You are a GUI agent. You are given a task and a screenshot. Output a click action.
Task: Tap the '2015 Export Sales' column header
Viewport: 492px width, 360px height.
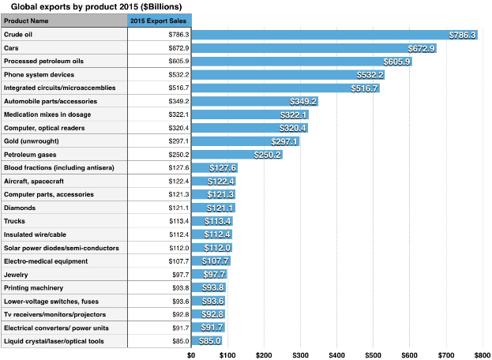tap(159, 21)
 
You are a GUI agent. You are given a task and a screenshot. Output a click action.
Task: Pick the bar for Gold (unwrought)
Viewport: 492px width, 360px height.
tap(229, 141)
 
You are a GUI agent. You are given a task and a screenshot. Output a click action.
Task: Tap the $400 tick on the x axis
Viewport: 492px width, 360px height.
tap(337, 354)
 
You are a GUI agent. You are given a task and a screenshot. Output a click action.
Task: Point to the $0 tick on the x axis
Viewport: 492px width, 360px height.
tap(191, 354)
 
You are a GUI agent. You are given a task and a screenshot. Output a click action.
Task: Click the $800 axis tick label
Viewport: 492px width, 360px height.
tap(482, 354)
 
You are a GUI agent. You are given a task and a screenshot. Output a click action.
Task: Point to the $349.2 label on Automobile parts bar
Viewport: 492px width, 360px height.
tap(302, 102)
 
